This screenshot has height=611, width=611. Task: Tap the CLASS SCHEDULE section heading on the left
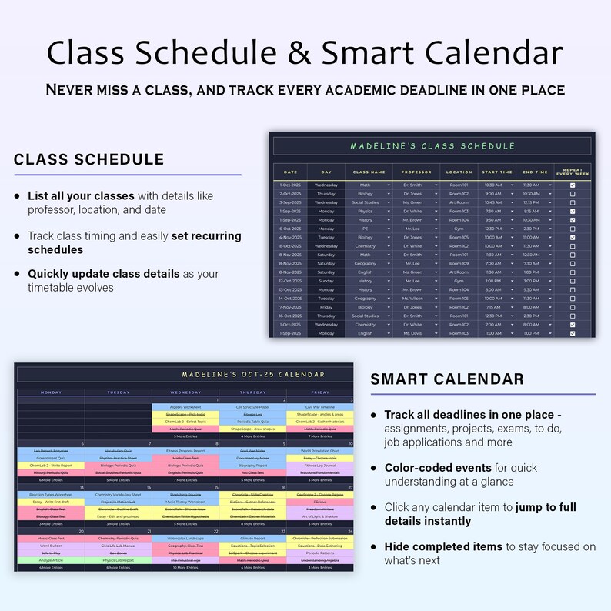click(x=88, y=159)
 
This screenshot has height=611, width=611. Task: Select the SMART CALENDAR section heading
click(x=447, y=379)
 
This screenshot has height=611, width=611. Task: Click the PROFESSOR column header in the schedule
click(x=416, y=172)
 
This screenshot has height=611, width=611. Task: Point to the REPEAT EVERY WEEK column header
click(x=573, y=172)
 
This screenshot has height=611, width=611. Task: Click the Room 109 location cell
click(x=459, y=263)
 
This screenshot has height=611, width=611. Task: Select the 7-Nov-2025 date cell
click(x=290, y=307)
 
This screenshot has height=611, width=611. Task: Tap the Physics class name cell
click(x=365, y=211)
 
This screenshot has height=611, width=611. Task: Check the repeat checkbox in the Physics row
click(x=572, y=211)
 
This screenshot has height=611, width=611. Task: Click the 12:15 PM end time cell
click(x=531, y=202)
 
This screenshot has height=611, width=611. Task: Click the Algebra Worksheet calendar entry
click(x=185, y=407)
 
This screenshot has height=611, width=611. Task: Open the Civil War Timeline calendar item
click(x=319, y=407)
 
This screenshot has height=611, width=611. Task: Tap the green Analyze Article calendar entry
click(x=51, y=560)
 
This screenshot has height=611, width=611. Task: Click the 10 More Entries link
click(x=185, y=568)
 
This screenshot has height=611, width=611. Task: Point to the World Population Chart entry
click(x=319, y=451)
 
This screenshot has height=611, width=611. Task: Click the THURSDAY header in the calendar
click(x=252, y=392)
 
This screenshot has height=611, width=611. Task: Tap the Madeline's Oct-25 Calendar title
click(x=253, y=374)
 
